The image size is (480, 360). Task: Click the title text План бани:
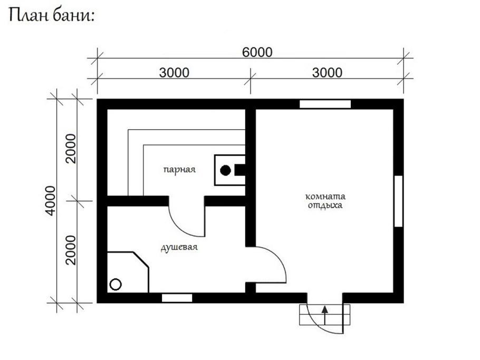click(x=51, y=15)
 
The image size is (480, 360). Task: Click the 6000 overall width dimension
click(x=257, y=52)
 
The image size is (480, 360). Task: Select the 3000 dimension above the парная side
click(x=174, y=73)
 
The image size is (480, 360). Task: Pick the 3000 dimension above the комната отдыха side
click(x=327, y=73)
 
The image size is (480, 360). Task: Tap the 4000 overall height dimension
click(x=51, y=201)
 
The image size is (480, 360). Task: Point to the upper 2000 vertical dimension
click(x=71, y=148)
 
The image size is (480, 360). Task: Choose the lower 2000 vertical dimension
click(x=71, y=250)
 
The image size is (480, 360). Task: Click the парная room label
click(x=179, y=169)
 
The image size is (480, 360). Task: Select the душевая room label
click(x=179, y=247)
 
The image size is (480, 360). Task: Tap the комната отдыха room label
click(x=325, y=201)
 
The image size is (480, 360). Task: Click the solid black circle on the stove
click(x=226, y=170)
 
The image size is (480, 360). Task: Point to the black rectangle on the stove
click(x=239, y=170)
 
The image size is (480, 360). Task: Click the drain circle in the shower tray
click(x=116, y=284)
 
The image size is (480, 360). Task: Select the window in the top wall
click(x=325, y=104)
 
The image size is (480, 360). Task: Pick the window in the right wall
click(x=398, y=201)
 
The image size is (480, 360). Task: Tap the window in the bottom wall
click(x=177, y=298)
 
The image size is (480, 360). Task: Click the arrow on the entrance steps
click(x=325, y=315)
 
